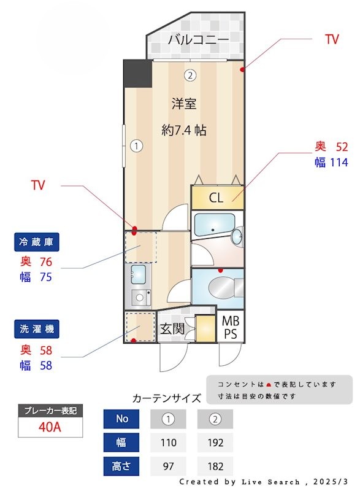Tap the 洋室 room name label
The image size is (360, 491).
point(184,104)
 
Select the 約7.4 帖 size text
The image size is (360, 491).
point(184,130)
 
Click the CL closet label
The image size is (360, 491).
point(216,198)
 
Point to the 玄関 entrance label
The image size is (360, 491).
point(172,329)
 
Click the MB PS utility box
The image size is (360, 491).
point(231,328)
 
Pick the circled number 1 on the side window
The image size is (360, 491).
point(136,146)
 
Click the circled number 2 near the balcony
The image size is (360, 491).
point(191,76)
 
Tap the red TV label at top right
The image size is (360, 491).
point(332,40)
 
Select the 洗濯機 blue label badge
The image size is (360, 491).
point(38,330)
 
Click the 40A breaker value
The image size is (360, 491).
point(50,427)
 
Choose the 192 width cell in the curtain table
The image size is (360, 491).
point(215,443)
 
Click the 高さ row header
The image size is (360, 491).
point(122,466)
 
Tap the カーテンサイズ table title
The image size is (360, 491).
point(167,398)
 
